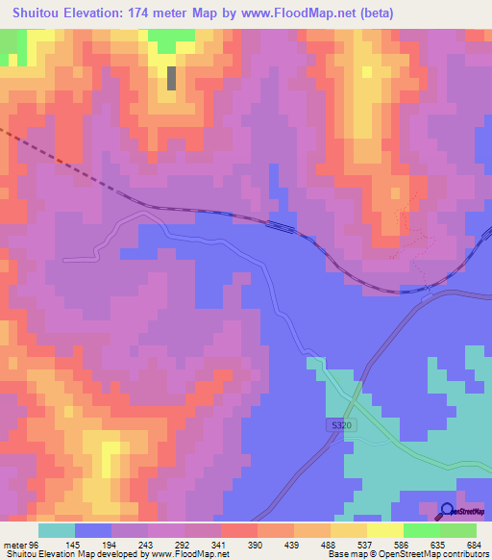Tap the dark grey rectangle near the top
172,77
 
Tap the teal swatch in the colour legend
57,531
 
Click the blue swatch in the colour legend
93,531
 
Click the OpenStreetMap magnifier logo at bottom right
448,510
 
